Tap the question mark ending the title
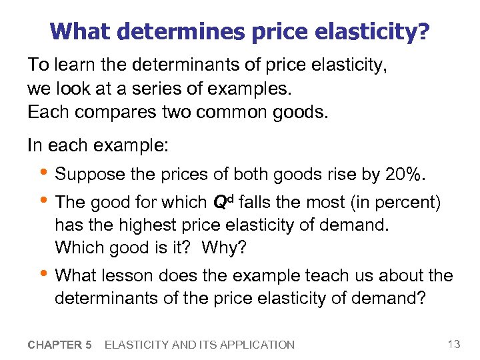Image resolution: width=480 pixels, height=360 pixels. pyautogui.click(x=424, y=31)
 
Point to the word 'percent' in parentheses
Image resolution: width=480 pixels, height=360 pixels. pyautogui.click(x=401, y=202)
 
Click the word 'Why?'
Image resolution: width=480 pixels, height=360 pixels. pyautogui.click(x=224, y=248)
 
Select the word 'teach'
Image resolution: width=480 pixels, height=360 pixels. pyautogui.click(x=315, y=275)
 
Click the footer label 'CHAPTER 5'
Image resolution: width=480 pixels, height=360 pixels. pyautogui.click(x=60, y=345)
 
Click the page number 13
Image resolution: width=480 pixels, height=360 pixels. pyautogui.click(x=453, y=344)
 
